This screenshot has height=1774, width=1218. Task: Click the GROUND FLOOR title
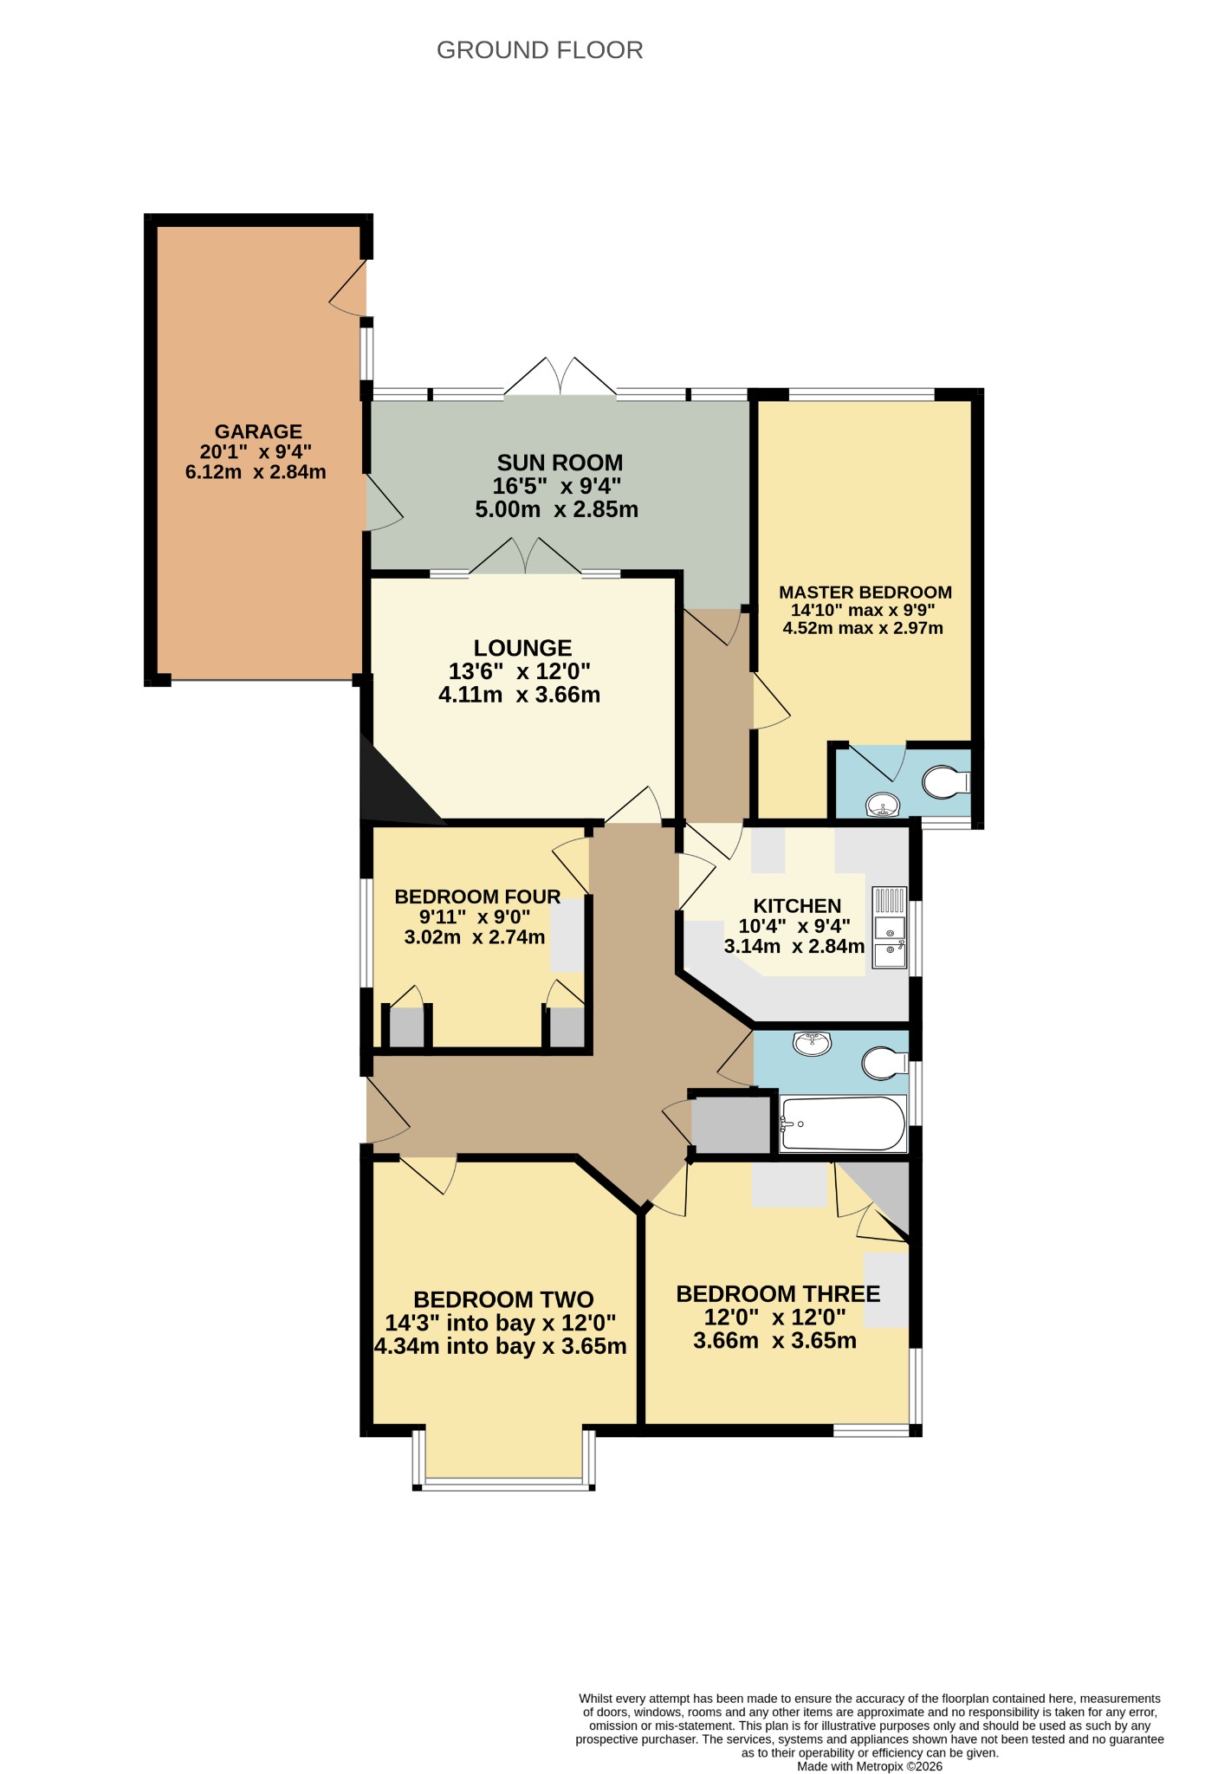tap(540, 50)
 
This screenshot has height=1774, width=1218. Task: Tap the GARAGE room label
tap(258, 431)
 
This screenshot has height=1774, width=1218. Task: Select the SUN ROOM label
tap(560, 463)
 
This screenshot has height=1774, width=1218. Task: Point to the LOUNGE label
tap(522, 648)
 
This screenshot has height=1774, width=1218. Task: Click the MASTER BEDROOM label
tap(865, 592)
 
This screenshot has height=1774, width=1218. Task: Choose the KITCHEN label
tap(797, 906)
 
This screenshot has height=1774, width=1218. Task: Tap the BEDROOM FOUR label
tap(477, 897)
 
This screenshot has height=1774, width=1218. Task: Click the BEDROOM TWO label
tap(503, 1299)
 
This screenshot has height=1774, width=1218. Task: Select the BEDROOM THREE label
tap(778, 1294)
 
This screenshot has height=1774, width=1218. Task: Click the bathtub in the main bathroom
tap(843, 1124)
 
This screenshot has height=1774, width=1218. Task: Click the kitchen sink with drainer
tap(890, 927)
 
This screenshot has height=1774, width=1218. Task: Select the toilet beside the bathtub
tap(884, 1063)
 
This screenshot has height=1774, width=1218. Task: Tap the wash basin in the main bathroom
tap(813, 1043)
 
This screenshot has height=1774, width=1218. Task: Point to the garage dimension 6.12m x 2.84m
tap(256, 472)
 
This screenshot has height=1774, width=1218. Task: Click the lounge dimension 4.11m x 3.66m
tap(520, 695)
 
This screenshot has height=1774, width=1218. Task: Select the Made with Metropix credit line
tap(870, 1766)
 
